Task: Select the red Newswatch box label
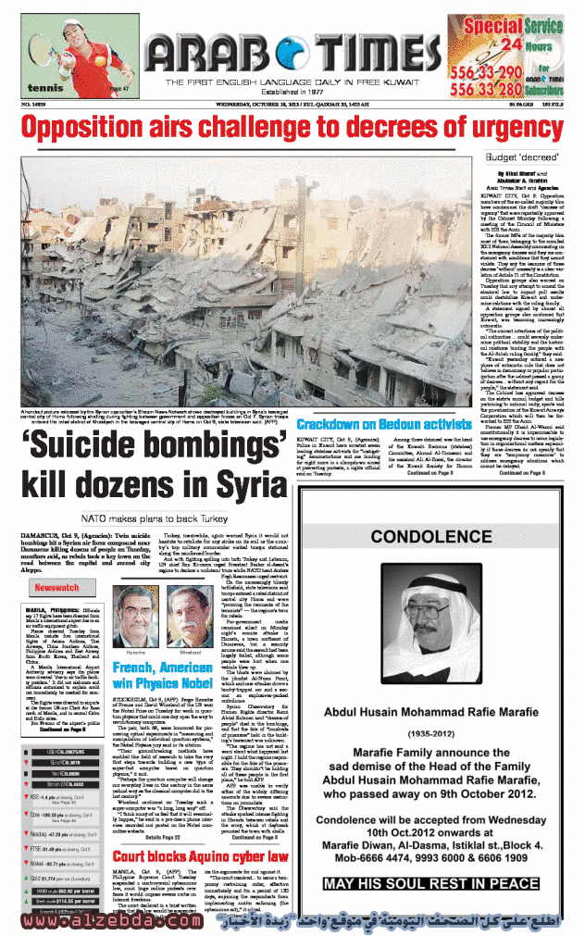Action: (x=56, y=588)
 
